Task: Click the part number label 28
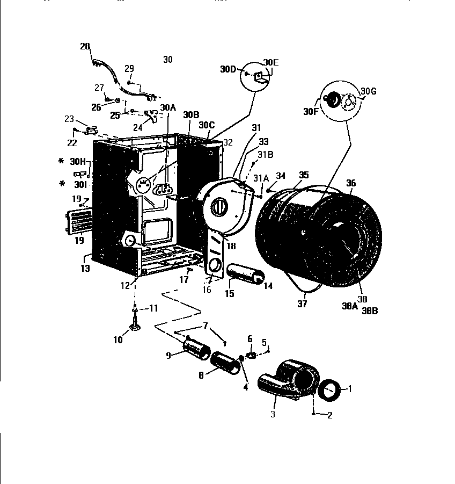pyautogui.click(x=85, y=47)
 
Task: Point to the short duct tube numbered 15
pyautogui.click(x=245, y=274)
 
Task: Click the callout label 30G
pyautogui.click(x=369, y=91)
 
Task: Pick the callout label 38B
pyautogui.click(x=370, y=310)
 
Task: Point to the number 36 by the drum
pyautogui.click(x=350, y=183)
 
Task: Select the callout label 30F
pyautogui.click(x=311, y=112)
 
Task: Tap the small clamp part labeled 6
pyautogui.click(x=250, y=356)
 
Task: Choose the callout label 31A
pyautogui.click(x=261, y=178)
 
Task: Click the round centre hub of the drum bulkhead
pyautogui.click(x=221, y=206)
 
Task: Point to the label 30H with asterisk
pyautogui.click(x=77, y=161)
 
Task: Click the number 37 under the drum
pyautogui.click(x=302, y=304)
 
